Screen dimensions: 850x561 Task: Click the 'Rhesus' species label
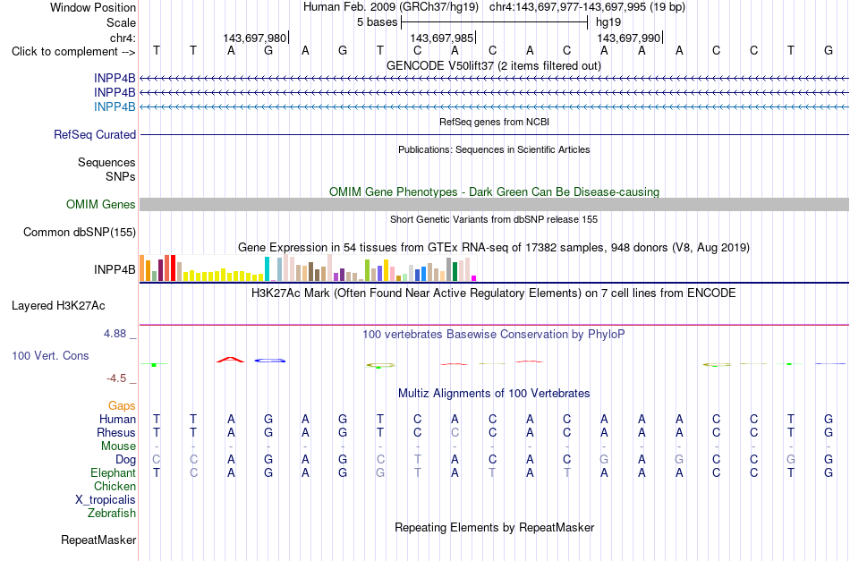[x=116, y=432]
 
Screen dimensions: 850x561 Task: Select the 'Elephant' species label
[x=113, y=472]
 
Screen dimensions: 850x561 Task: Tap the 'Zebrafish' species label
[x=112, y=513]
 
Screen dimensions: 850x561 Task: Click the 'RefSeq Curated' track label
[x=95, y=134]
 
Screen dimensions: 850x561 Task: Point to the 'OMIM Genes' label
[x=101, y=204]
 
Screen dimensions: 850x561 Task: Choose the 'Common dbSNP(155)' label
[x=80, y=232]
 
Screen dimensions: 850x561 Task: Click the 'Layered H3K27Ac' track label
[x=58, y=306]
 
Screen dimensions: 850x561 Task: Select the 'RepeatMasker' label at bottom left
[x=98, y=540]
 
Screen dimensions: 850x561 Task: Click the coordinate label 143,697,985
[x=442, y=38]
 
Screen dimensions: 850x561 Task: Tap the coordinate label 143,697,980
[x=255, y=38]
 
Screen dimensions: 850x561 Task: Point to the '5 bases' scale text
[x=378, y=22]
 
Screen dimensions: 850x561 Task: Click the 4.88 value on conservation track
[x=115, y=334]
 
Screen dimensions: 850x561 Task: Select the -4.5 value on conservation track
[x=116, y=378]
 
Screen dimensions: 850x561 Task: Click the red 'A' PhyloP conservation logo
[x=230, y=360]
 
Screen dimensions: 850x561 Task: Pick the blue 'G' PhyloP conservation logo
[x=270, y=361]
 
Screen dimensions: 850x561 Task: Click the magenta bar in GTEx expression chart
[x=473, y=278]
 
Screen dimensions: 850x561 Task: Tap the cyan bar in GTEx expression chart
[x=267, y=268]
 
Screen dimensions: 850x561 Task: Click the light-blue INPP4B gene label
[x=115, y=106]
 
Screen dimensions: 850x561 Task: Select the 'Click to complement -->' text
[x=73, y=52]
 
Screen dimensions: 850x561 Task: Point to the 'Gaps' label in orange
[x=122, y=405]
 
